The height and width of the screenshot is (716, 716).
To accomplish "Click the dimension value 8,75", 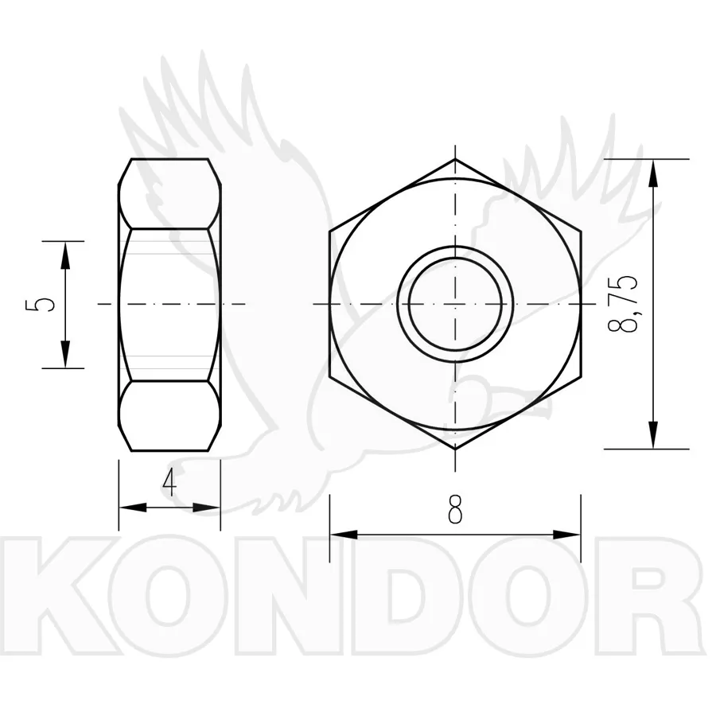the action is [x=623, y=304].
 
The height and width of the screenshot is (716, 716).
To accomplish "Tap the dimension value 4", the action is [x=169, y=483].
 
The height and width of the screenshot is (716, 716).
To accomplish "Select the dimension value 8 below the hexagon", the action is [x=455, y=509].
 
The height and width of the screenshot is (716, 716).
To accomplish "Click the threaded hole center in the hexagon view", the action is [x=455, y=304].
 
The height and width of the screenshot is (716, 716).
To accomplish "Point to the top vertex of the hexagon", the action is [x=455, y=159].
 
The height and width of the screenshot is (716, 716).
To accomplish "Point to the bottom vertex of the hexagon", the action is [x=455, y=449].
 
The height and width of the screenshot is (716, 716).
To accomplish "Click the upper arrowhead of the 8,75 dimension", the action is [x=654, y=173].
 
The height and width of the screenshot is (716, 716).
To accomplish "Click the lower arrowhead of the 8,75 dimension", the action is [x=654, y=434].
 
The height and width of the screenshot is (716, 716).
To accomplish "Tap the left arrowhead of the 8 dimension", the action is [x=344, y=535].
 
